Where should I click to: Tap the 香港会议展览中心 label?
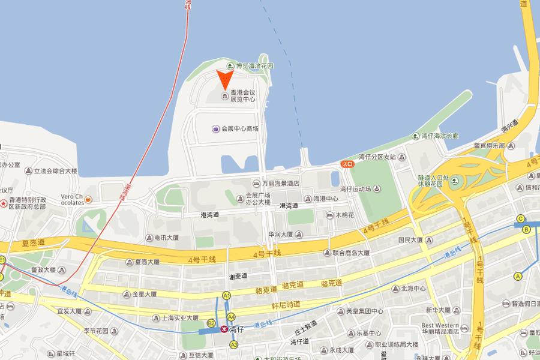pos(242,96)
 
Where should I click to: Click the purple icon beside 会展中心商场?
pos(216,128)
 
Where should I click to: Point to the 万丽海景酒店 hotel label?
pos(281,184)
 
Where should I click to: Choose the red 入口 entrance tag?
pos(347,163)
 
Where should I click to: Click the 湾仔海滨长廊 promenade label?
pos(440,136)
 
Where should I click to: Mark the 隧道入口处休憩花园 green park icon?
pos(454,181)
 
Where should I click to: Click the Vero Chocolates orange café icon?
pos(88,200)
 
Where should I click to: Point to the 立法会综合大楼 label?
pos(55,171)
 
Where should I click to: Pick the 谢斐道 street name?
pos(238,277)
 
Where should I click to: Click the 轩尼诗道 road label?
pos(285,305)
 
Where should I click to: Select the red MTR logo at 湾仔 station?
pos(224,329)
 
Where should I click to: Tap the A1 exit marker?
pos(226,295)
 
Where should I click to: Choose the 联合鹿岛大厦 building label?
pos(351,253)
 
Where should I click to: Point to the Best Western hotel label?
pos(441,323)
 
